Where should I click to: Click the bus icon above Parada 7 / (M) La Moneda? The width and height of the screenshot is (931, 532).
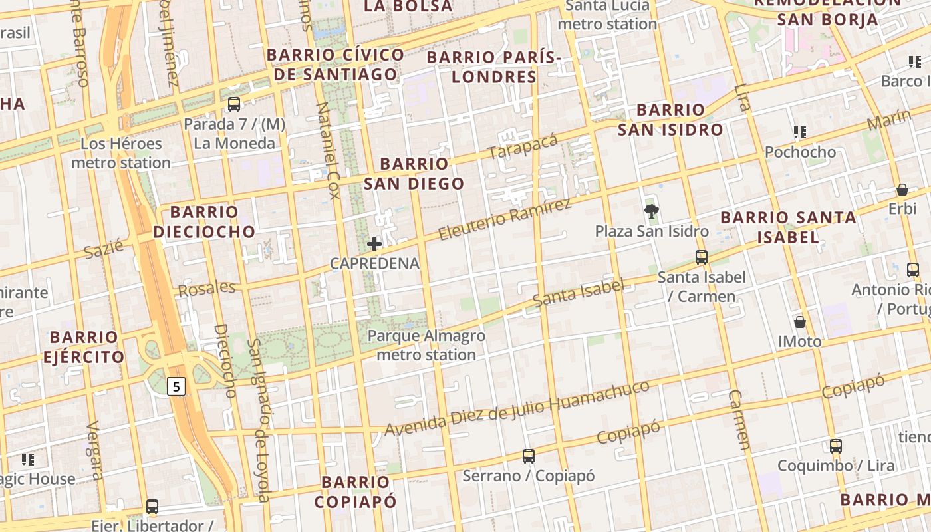pos(234,104)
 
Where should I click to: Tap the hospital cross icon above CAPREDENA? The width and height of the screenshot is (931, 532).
pos(374,244)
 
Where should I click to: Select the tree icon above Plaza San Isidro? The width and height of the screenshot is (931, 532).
pos(652,212)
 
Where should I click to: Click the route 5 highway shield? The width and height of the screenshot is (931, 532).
pos(175,386)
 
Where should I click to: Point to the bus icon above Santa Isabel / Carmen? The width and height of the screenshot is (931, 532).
pos(702,257)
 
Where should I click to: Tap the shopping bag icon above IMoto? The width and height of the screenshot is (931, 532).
pos(800,322)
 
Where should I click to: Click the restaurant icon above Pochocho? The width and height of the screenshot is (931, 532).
pos(800,132)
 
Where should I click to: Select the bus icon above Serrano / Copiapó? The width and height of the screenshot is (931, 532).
pos(529,456)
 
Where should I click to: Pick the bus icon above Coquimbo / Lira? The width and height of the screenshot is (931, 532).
pos(836,446)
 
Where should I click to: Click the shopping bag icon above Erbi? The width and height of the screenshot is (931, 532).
pos(902,190)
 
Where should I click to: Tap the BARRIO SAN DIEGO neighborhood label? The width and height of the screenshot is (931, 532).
pos(414,174)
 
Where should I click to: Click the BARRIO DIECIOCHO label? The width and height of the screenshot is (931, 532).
pos(204,222)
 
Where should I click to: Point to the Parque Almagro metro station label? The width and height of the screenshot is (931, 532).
pos(426,345)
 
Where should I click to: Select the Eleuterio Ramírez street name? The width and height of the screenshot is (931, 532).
pos(505,219)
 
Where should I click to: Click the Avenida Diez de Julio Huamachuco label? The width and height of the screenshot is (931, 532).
pos(517,408)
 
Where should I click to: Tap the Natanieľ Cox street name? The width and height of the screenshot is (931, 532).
pos(328,150)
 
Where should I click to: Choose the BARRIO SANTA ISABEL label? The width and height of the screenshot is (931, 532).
pos(788,227)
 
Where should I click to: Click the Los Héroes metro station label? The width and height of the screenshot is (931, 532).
pos(121,153)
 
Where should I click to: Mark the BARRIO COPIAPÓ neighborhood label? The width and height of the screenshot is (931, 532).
pos(355,492)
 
